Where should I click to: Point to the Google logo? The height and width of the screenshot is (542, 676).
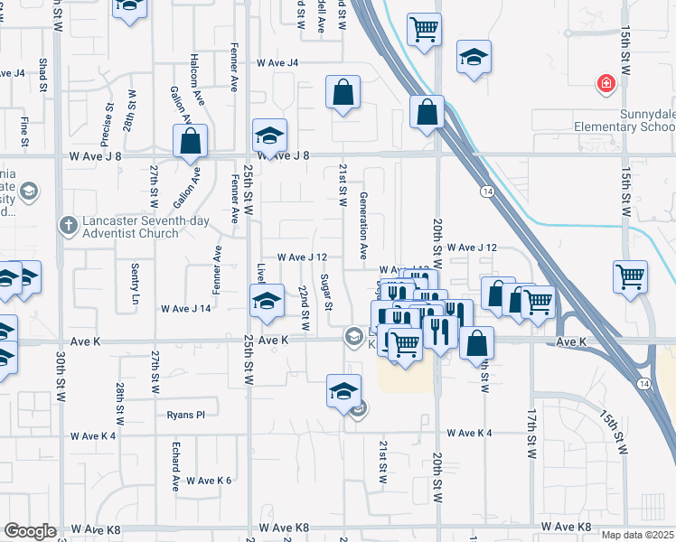point(30,531)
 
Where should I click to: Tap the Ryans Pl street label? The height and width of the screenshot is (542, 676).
point(186,415)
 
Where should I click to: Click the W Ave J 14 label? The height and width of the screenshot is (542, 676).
point(185,308)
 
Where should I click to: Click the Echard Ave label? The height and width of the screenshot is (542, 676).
point(176,465)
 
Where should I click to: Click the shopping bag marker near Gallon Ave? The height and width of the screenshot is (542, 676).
point(191,142)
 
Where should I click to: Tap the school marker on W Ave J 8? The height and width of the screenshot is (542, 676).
point(269,136)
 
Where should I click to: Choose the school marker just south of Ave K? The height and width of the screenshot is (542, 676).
point(343,391)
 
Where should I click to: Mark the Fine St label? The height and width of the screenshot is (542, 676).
point(24,131)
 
